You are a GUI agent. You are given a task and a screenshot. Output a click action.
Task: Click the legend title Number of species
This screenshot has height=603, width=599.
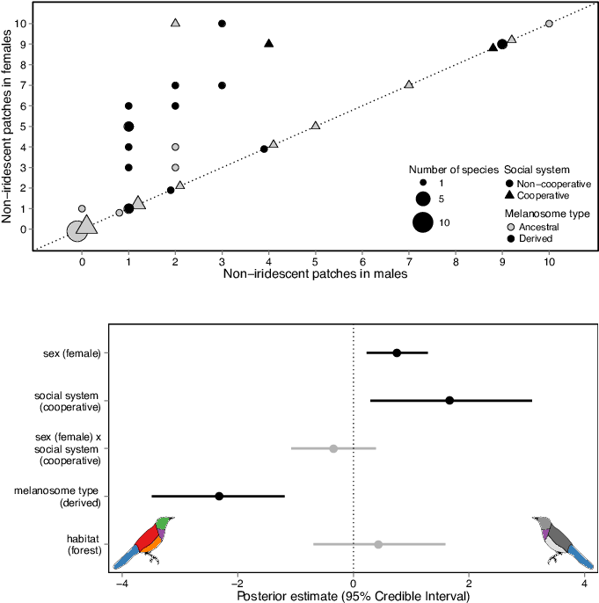[453, 169]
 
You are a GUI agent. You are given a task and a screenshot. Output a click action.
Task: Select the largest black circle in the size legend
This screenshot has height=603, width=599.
[422, 222]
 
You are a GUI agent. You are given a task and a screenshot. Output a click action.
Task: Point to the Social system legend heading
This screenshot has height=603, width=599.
[537, 169]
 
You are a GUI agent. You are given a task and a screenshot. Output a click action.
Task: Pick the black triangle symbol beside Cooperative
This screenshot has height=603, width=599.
[510, 195]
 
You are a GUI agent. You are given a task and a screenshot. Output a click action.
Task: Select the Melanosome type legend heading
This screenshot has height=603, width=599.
[547, 214]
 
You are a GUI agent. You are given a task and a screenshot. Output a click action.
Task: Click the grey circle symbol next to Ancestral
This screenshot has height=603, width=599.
[510, 227]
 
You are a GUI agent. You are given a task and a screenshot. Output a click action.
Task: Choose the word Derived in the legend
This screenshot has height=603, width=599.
[536, 238]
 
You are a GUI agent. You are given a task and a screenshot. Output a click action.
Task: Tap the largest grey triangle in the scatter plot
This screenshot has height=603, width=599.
[86, 225]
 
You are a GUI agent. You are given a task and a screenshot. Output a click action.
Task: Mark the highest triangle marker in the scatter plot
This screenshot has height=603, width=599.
[176, 23]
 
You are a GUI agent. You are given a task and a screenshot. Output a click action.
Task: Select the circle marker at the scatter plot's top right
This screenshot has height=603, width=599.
[549, 23]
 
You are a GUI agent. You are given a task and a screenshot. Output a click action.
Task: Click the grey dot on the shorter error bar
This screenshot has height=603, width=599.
[333, 448]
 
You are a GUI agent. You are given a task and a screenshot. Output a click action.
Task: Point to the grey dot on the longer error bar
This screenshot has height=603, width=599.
[378, 544]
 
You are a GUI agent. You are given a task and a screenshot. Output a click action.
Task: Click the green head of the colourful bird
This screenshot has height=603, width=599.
[163, 523]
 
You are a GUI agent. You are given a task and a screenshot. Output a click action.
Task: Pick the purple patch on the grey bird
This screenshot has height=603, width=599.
[546, 534]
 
